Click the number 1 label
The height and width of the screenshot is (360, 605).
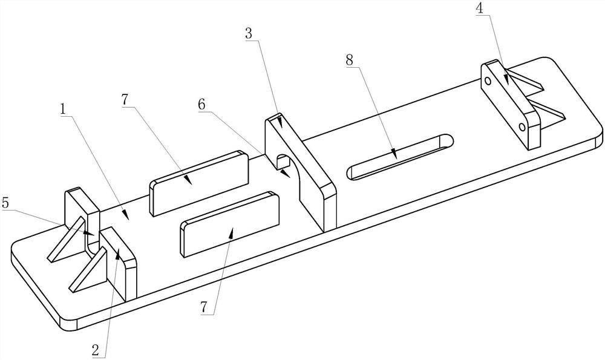point(63,109)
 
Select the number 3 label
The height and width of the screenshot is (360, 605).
point(249,33)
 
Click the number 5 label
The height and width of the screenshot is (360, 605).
point(5,203)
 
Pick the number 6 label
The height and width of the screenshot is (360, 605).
point(201,104)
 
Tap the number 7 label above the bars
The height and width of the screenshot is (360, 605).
point(125,100)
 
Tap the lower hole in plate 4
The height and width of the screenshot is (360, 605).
point(522,127)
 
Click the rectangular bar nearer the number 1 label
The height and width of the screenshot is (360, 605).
point(200,182)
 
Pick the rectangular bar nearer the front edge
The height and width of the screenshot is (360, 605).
point(230,223)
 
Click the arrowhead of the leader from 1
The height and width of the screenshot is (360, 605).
point(125,214)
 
